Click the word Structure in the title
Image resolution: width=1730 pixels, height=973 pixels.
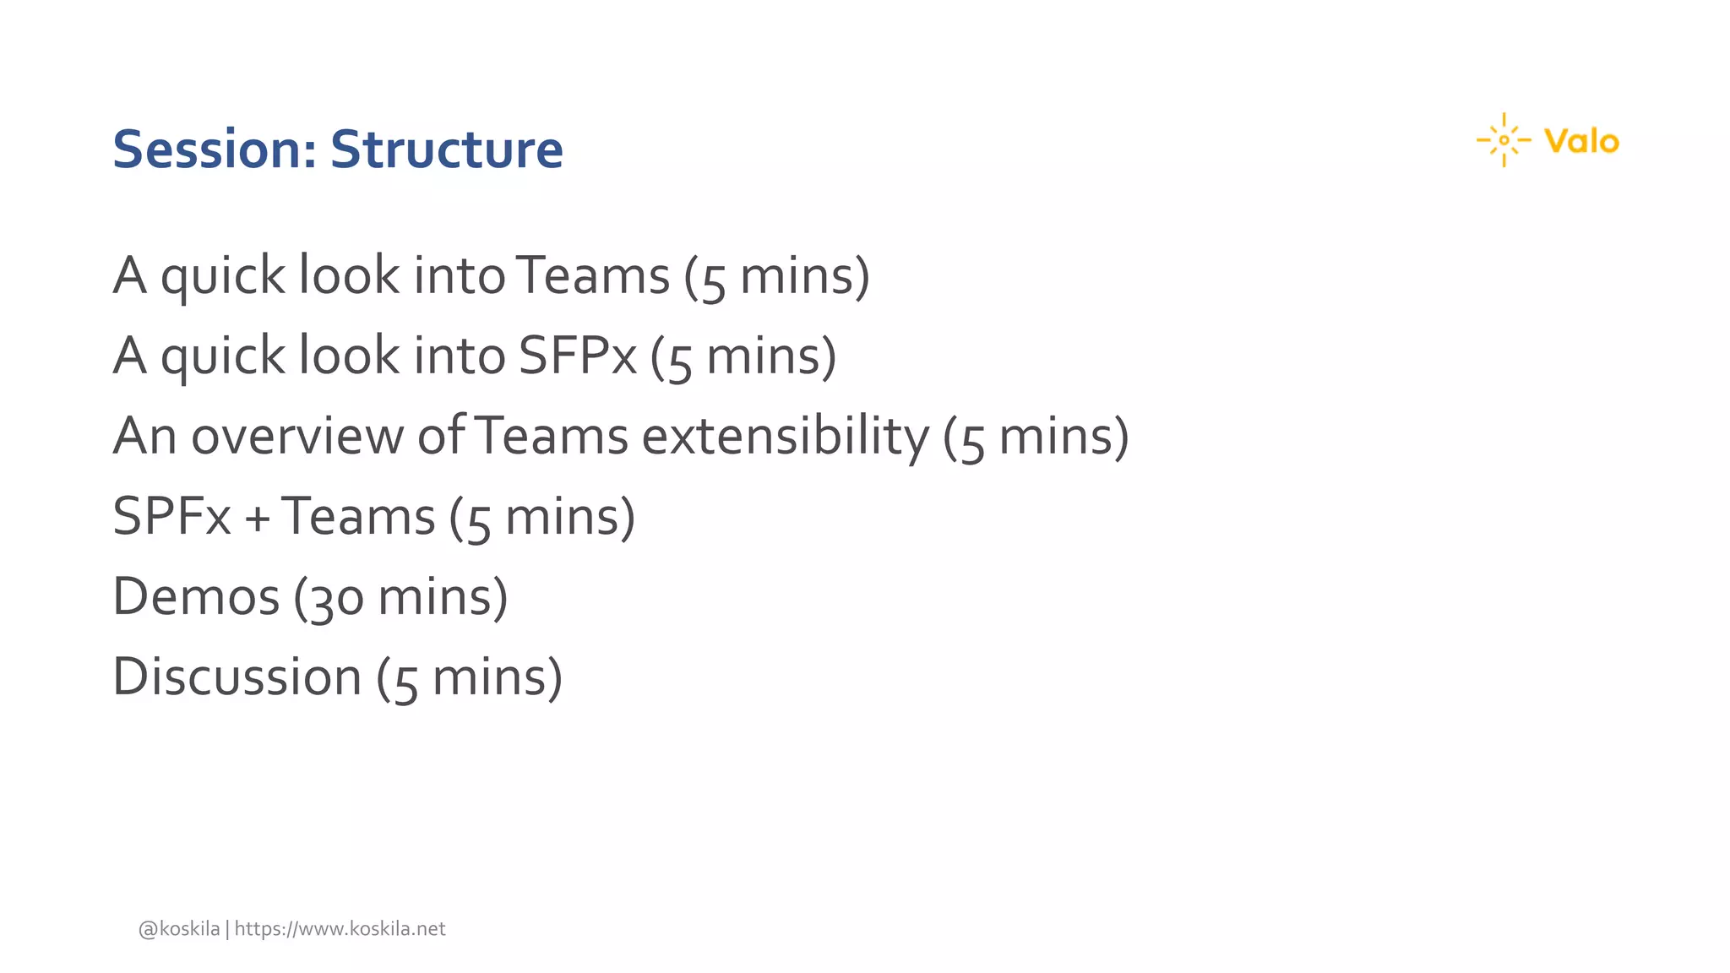coord(446,149)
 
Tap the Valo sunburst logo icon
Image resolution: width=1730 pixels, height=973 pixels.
coord(1504,140)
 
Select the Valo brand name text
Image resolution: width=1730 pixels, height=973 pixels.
coord(1581,141)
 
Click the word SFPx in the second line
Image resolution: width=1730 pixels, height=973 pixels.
coord(577,356)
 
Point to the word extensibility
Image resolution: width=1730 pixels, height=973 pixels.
coord(785,437)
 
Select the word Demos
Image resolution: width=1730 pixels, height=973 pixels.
coord(196,597)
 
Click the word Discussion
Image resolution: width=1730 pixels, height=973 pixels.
coord(237,677)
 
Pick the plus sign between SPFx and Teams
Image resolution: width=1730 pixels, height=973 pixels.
coord(257,518)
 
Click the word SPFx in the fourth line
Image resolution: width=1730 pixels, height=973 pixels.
coord(171,517)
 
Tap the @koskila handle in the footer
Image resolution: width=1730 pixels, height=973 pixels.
coord(179,929)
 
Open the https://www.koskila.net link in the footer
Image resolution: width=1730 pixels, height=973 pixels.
coord(340,929)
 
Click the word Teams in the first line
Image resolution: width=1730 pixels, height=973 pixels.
coord(592,275)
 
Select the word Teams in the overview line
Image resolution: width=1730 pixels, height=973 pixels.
coord(552,437)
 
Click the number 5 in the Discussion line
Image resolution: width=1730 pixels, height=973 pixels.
coord(406,681)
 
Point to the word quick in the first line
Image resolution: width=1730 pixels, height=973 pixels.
coord(223,277)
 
